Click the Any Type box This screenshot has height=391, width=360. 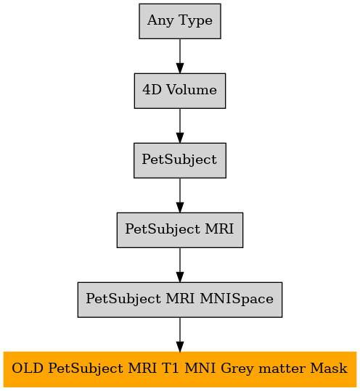click(180, 21)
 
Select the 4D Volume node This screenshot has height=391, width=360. click(180, 91)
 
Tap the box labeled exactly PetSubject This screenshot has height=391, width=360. click(180, 160)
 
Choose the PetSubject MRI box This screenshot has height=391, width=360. click(180, 230)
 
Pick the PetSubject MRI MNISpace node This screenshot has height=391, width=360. click(180, 300)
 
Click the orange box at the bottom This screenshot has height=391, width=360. click(180, 369)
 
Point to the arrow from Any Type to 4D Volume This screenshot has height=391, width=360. click(180, 56)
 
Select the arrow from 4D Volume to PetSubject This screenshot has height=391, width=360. click(180, 125)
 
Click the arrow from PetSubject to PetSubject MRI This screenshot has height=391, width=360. click(180, 195)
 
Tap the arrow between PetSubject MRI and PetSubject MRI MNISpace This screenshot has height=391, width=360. click(180, 265)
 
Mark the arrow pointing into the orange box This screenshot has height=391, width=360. click(180, 334)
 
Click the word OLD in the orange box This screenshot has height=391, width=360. click(28, 369)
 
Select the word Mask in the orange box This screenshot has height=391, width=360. click(329, 369)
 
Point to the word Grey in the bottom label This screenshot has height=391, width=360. click(237, 369)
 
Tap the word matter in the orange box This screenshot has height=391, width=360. click(282, 369)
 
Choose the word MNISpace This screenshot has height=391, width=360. click(237, 300)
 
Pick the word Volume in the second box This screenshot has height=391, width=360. click(192, 90)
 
